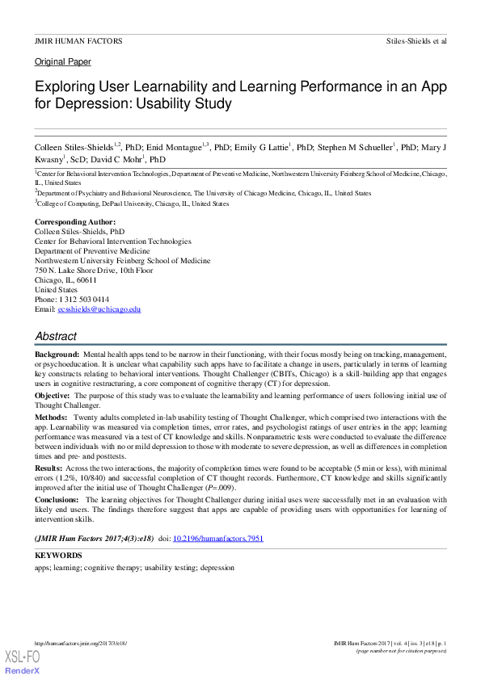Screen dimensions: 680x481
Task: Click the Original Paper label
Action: tap(63, 61)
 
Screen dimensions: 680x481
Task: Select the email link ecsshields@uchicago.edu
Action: tap(99, 309)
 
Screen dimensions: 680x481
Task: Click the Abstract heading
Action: tap(56, 336)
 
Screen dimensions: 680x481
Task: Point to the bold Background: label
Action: tap(57, 355)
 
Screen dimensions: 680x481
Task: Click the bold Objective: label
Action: tap(53, 396)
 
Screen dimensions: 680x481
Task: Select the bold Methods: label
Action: tap(52, 418)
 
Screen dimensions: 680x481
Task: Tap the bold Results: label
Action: tap(49, 468)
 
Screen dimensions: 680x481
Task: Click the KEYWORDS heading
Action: tap(58, 556)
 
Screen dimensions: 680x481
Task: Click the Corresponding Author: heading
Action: tap(75, 221)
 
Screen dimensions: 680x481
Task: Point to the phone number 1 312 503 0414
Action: tap(83, 299)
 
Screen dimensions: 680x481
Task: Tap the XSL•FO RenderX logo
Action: tap(22, 662)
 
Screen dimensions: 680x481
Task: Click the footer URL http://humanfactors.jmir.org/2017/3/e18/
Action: tap(81, 643)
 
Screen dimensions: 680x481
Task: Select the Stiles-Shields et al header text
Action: tap(416, 40)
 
